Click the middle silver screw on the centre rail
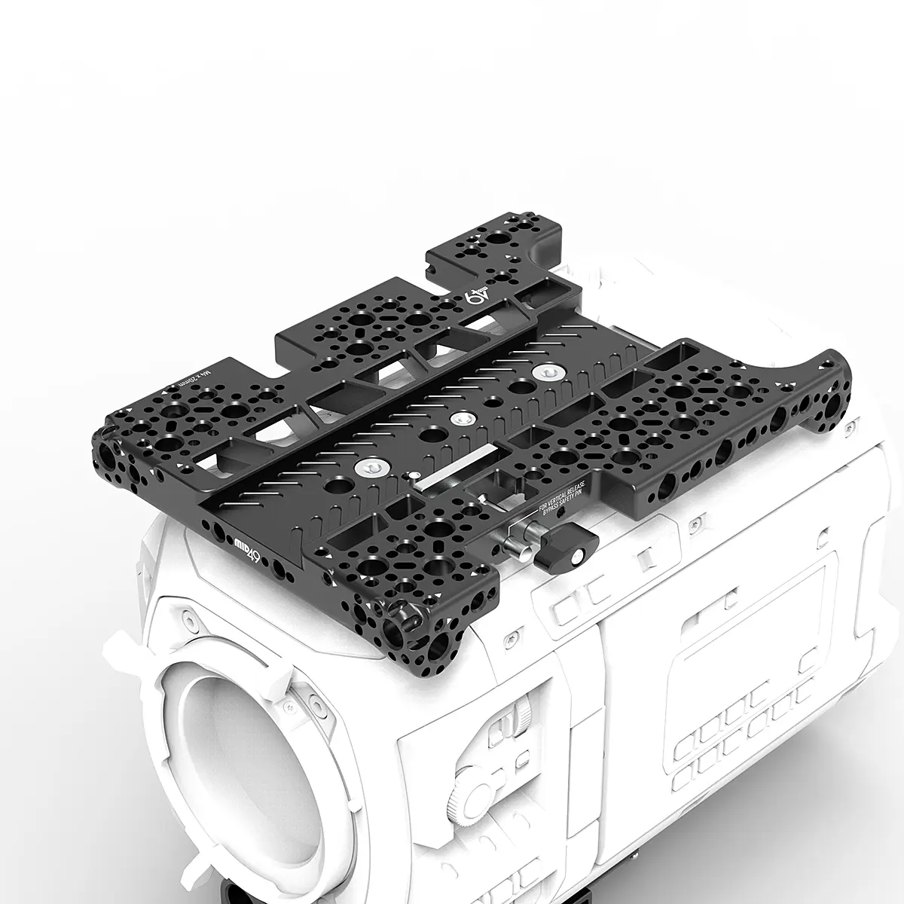pyautogui.click(x=459, y=418)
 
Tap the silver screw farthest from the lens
pyautogui.click(x=545, y=371)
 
